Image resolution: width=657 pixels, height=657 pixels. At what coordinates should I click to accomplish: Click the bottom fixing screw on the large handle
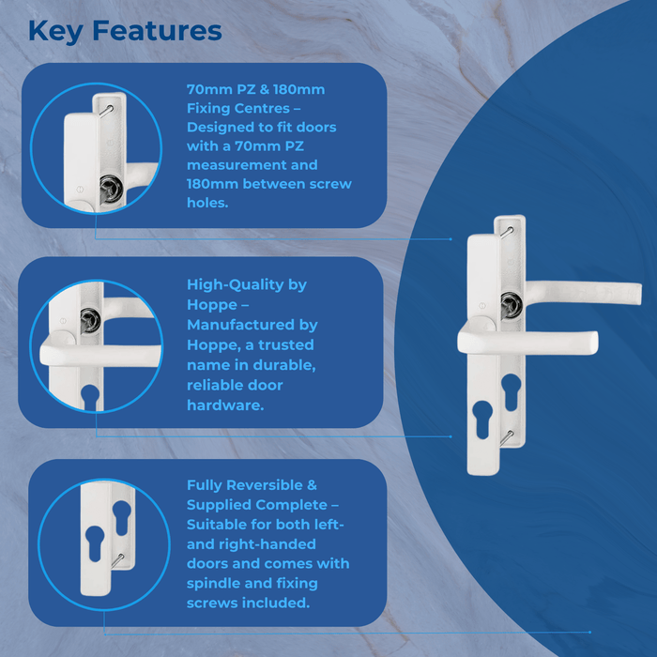pos(507,435)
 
